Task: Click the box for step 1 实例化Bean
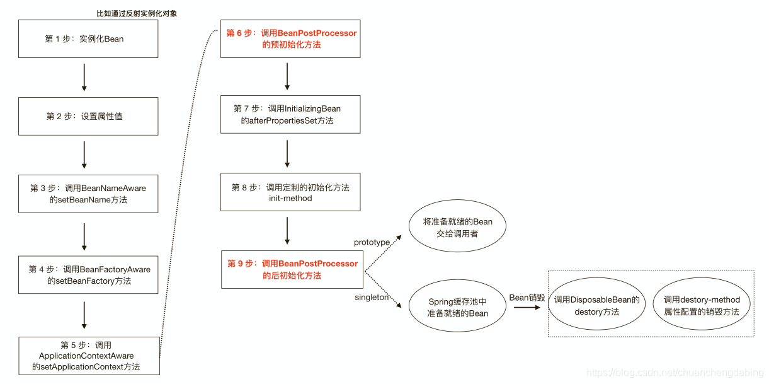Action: (88, 39)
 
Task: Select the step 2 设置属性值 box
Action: (88, 116)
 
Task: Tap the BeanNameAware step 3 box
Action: (88, 194)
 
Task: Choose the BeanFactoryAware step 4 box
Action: (88, 275)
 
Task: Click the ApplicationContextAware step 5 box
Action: (88, 356)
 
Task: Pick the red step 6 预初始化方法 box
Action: (290, 39)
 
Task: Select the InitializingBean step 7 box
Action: (290, 114)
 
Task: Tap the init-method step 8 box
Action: (290, 192)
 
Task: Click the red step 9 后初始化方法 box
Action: (292, 269)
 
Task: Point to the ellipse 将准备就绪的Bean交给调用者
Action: (457, 228)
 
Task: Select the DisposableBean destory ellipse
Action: (596, 306)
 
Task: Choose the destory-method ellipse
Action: (702, 306)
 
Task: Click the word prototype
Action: (372, 242)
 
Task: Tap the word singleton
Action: (372, 298)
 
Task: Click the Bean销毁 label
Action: (527, 297)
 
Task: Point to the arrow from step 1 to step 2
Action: (84, 78)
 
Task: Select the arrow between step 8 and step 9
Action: (287, 231)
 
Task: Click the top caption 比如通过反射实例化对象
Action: (132, 13)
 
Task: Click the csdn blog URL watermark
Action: (674, 373)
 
